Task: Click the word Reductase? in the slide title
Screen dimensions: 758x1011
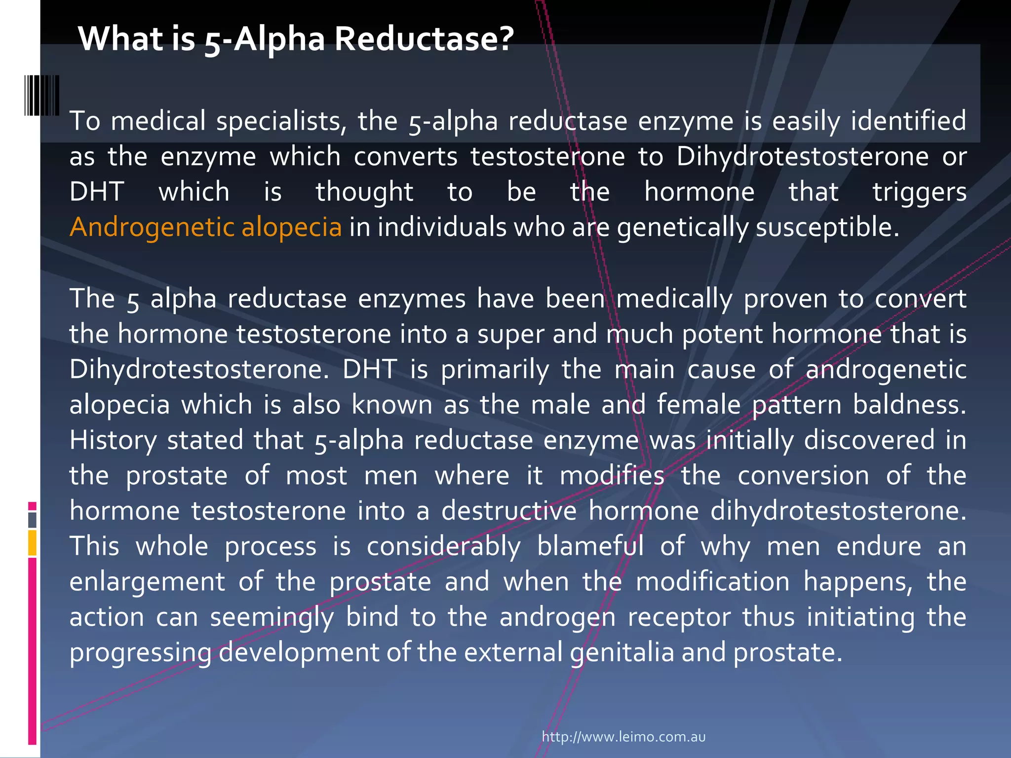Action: tap(425, 38)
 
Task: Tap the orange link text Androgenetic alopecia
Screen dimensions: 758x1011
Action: tap(205, 227)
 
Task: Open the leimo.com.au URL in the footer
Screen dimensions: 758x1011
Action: tap(623, 737)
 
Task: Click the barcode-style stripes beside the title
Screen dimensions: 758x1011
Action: tap(42, 95)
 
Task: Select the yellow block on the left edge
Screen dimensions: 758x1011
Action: tap(32, 542)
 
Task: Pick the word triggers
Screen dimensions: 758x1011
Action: tap(919, 192)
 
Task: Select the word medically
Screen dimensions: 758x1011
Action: tap(674, 299)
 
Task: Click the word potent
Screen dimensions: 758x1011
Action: tap(722, 334)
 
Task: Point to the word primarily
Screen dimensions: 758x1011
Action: tap(495, 370)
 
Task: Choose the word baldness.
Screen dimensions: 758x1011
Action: tap(909, 405)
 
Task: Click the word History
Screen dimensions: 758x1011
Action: tap(113, 441)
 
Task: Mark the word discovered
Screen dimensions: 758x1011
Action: tap(869, 440)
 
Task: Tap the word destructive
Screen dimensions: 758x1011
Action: tap(508, 511)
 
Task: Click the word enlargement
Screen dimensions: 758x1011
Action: tap(147, 582)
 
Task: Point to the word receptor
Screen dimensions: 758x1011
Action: tap(679, 617)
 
